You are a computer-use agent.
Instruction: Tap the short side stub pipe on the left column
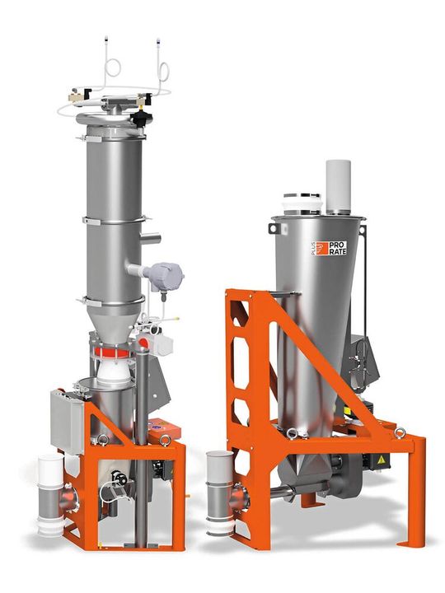click(148, 239)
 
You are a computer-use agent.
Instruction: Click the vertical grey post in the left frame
click(142, 428)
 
